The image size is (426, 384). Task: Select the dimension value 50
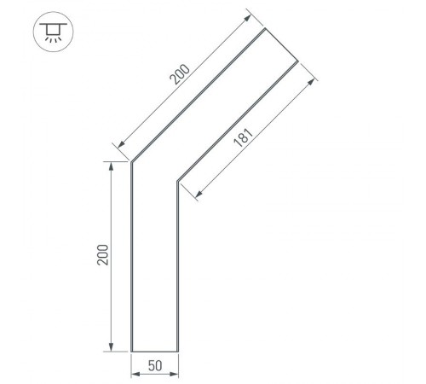pos(154,365)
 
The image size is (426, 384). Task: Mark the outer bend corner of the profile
pos(130,161)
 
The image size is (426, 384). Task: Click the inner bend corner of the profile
pos(176,180)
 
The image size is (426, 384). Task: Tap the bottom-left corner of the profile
pos(130,351)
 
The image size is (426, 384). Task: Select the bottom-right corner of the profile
pos(176,351)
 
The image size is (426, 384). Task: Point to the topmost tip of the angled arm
pos(266,29)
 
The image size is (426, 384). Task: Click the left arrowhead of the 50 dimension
pos(134,372)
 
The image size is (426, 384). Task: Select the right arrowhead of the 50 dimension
pos(174,372)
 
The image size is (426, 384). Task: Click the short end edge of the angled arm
pos(282,45)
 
